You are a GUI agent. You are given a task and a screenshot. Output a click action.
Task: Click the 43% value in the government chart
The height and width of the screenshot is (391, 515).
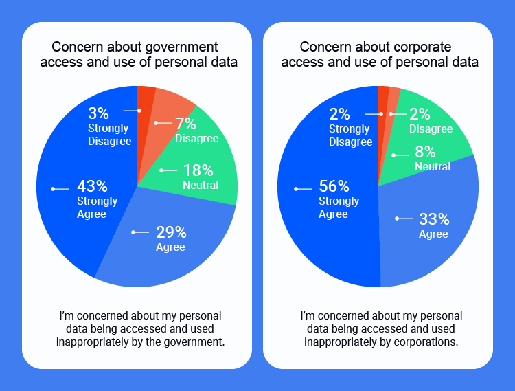(92, 186)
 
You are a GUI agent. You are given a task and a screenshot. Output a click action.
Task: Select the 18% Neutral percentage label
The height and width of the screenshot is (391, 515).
(198, 170)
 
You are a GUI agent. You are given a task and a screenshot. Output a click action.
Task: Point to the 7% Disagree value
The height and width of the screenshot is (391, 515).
(185, 124)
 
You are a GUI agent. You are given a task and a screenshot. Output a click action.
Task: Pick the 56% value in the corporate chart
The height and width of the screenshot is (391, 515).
(334, 186)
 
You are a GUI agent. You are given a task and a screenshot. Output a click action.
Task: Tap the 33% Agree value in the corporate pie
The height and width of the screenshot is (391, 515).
(434, 219)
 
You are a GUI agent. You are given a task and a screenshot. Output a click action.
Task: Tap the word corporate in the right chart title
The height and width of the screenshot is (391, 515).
(422, 47)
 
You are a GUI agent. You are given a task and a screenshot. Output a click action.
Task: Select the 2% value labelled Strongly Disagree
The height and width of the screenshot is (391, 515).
(339, 114)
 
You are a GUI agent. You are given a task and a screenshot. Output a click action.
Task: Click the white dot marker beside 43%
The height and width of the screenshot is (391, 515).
(53, 188)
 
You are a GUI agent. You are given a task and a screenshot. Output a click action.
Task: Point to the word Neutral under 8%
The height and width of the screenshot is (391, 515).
(433, 166)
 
